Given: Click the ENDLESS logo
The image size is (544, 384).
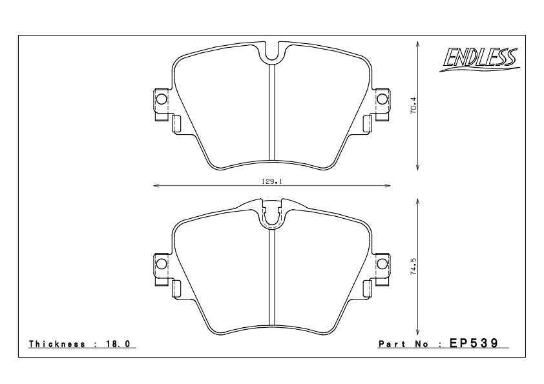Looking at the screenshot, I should [479, 60].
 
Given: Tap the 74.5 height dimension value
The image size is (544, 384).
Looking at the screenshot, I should [414, 267].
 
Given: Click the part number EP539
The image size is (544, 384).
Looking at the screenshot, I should [476, 344].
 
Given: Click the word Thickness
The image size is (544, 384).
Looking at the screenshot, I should [58, 345].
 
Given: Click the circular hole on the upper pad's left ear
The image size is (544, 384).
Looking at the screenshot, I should [161, 99].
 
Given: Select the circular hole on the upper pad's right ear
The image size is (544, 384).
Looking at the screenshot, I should [381, 99].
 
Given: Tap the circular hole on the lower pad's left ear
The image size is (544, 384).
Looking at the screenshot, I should [161, 263].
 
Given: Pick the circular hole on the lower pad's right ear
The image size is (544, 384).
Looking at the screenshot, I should [381, 263].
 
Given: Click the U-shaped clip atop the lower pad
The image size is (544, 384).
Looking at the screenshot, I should [271, 217].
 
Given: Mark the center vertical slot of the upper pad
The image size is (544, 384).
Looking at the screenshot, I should [271, 113].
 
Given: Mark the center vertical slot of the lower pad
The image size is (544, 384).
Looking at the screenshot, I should [271, 278].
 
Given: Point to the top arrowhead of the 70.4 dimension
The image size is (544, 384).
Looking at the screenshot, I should [419, 45].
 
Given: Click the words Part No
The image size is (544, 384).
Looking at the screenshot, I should [404, 345].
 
